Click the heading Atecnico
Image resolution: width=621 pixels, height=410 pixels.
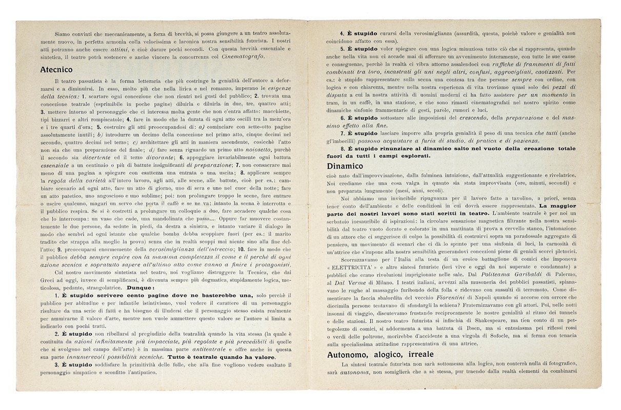tap(56, 69)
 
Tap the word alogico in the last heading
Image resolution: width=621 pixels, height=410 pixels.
tap(396, 355)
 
